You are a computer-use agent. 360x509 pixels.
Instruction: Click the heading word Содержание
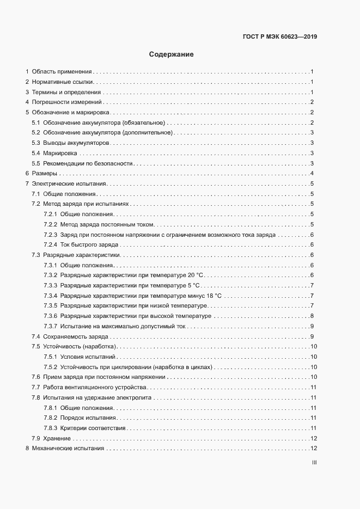pos(172,54)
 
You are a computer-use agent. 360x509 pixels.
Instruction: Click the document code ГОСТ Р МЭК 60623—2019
pos(279,38)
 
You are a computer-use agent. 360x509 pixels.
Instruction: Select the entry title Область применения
pos(62,71)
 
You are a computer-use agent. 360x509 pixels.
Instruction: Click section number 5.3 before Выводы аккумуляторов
pos(36,143)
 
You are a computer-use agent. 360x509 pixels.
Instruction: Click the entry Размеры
pos(44,173)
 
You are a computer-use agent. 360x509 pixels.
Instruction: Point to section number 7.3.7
pos(51,326)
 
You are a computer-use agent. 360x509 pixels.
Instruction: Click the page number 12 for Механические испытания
pos(313,449)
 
